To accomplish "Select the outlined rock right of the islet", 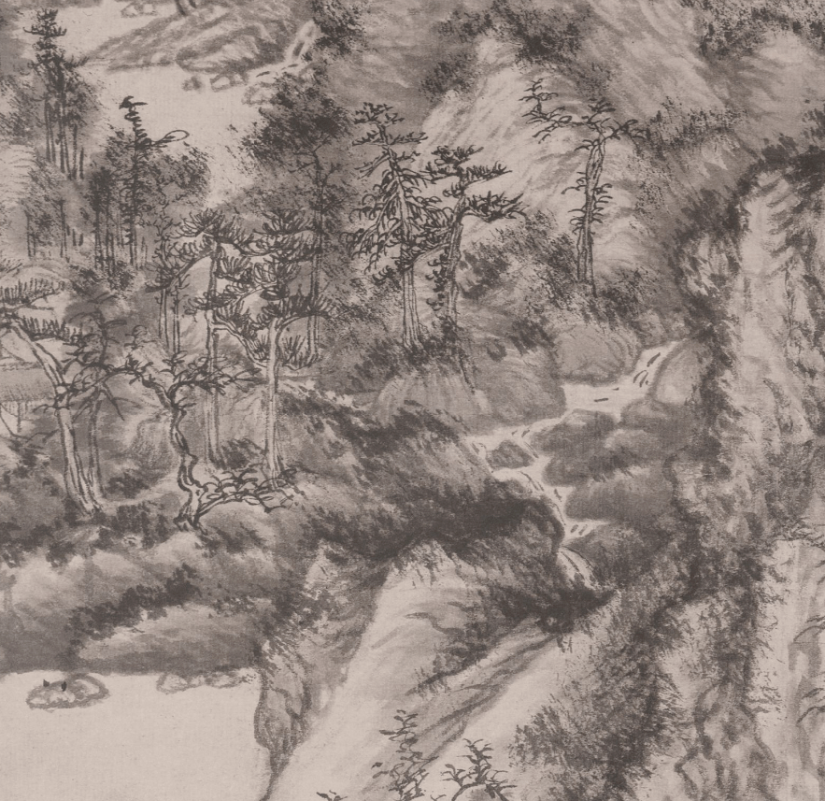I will point(182,680).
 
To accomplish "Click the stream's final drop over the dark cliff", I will point(572,561).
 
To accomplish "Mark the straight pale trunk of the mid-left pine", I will point(271,393).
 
